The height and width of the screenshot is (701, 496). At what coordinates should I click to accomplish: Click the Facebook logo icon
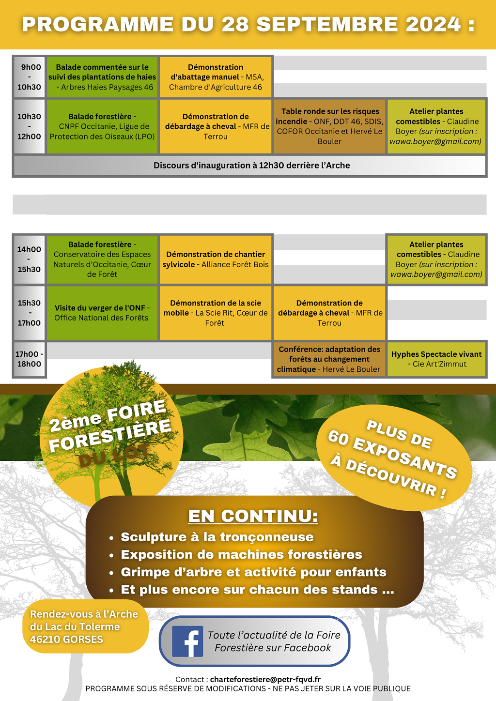point(187,641)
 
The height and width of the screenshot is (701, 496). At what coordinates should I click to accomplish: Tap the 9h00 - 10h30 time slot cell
point(30,77)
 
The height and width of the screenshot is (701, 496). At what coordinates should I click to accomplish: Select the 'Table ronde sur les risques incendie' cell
point(330,126)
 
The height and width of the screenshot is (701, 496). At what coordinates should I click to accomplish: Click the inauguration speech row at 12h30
point(251,166)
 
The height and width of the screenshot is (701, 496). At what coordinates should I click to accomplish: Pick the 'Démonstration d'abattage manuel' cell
point(216,77)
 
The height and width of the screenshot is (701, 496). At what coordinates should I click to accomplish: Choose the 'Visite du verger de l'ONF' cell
point(102,313)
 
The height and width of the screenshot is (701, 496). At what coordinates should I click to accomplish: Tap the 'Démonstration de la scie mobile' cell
point(216,313)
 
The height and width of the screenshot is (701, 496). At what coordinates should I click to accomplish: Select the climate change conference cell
point(329,359)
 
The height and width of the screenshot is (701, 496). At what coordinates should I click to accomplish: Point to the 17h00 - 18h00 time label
point(30,359)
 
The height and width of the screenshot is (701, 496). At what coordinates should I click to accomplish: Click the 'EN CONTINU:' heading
point(253,516)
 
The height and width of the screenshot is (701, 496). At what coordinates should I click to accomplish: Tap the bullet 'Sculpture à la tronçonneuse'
point(217,537)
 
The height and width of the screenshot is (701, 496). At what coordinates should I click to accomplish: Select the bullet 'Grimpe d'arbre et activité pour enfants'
point(253,572)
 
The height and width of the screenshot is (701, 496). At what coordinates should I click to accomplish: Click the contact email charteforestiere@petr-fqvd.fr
point(265,680)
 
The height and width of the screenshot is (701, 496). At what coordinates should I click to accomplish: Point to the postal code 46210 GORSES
point(66,640)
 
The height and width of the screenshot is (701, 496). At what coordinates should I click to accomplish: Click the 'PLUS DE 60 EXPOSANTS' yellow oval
point(393,457)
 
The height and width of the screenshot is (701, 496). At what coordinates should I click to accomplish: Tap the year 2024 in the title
point(433,25)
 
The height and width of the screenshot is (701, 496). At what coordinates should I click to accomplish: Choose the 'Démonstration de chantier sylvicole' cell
point(216,259)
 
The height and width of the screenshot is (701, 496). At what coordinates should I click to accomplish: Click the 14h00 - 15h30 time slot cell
point(30,259)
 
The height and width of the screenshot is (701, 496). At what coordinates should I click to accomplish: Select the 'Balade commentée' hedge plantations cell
point(102,77)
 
